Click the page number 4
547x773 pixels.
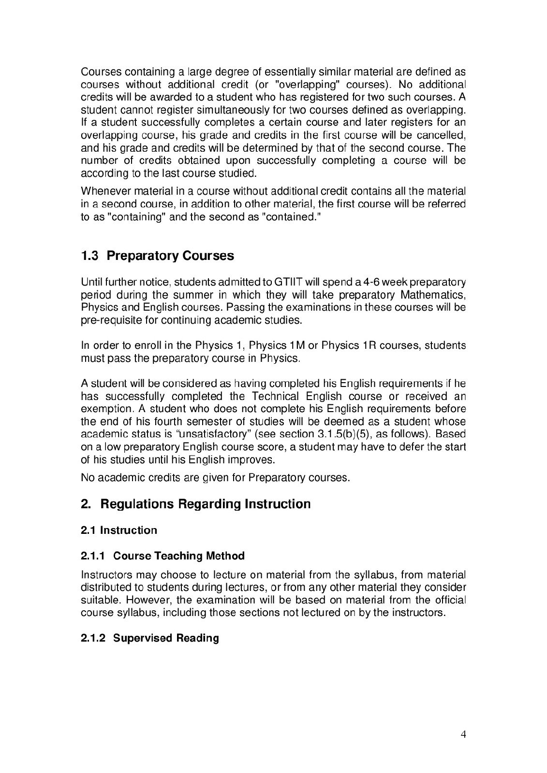(x=463, y=735)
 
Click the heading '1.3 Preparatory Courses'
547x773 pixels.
(x=157, y=256)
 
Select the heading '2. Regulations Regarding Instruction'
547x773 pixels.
(x=195, y=504)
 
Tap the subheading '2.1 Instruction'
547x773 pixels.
(x=118, y=530)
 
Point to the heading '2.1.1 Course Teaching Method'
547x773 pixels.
(x=163, y=556)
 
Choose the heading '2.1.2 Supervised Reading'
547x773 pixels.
(x=149, y=638)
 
